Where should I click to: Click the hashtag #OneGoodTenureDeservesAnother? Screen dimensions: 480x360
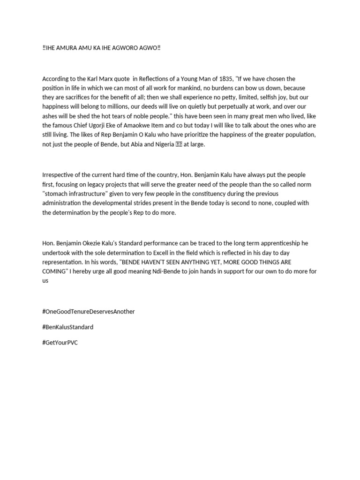pos(88,311)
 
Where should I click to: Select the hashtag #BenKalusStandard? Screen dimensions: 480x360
pos(67,327)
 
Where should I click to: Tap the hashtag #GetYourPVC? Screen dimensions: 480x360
pos(60,342)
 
